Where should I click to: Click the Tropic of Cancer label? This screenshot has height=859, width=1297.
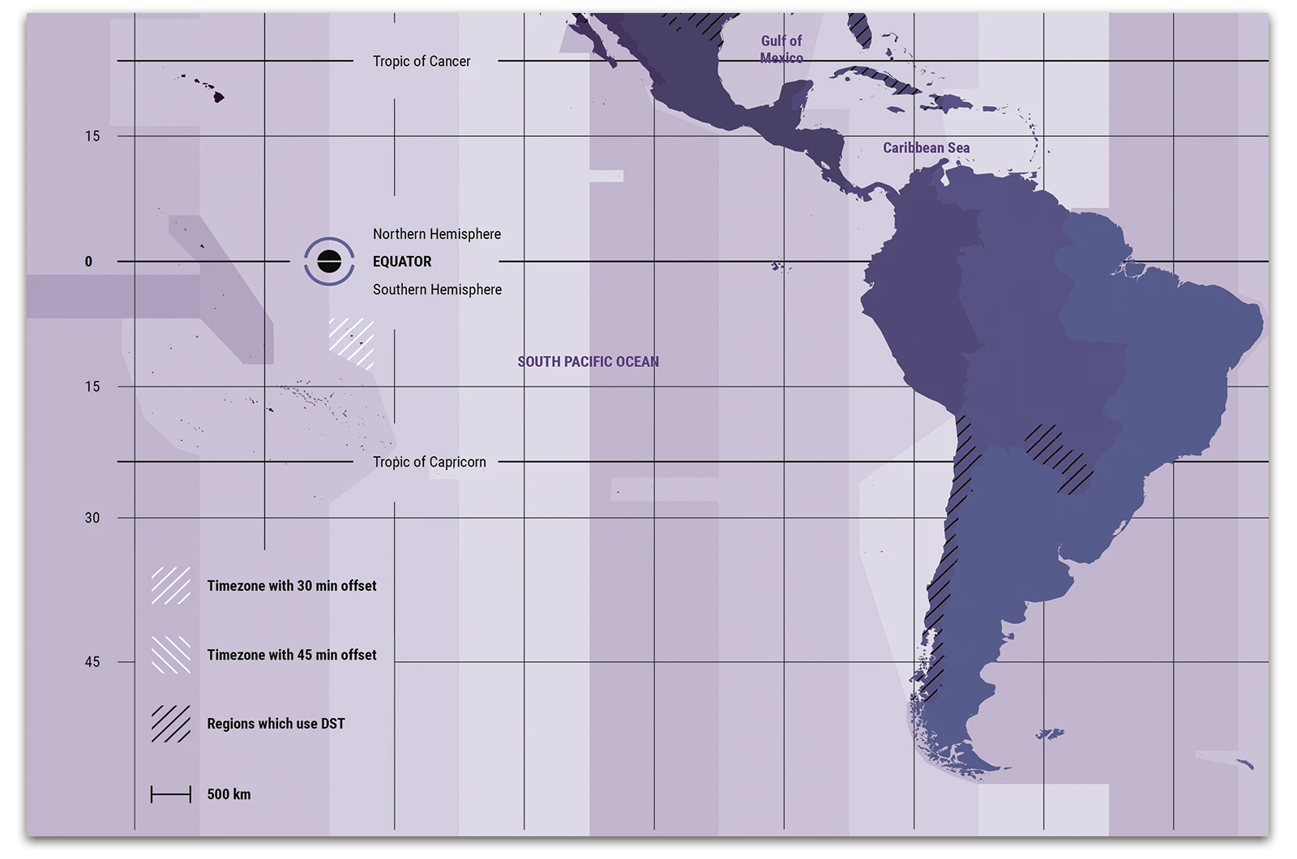click(422, 62)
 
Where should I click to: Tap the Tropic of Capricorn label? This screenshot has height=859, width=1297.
click(430, 462)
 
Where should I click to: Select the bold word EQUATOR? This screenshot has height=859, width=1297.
click(402, 262)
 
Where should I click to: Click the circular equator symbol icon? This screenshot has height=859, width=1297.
click(329, 262)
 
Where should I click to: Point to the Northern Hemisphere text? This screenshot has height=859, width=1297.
click(437, 234)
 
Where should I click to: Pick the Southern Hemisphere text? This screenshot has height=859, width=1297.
click(437, 289)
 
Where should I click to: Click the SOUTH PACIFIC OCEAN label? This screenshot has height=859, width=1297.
click(589, 361)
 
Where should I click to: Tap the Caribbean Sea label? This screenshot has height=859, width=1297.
click(926, 147)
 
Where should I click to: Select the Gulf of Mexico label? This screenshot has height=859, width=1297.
click(781, 49)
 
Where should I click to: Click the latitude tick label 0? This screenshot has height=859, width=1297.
click(89, 262)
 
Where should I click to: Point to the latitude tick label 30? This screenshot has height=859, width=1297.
click(92, 518)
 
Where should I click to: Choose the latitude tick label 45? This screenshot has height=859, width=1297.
click(92, 662)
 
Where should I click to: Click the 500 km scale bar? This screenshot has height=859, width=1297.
click(171, 794)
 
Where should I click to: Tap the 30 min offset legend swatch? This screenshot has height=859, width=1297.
click(171, 586)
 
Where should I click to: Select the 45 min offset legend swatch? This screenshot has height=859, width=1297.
click(171, 655)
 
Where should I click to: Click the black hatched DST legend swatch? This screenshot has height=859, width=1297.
click(171, 724)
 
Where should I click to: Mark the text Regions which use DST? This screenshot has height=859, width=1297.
click(276, 724)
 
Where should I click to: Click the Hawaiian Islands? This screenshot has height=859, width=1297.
click(216, 96)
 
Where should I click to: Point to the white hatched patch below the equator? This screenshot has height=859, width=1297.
click(352, 343)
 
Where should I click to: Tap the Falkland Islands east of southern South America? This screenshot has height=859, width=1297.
click(1051, 734)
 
